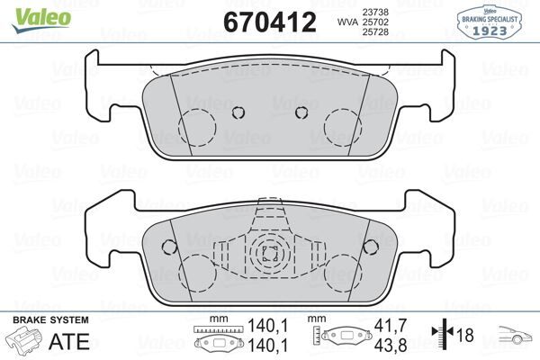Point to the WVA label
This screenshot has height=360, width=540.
coord(347,19)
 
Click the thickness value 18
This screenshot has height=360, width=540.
coord(465,336)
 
